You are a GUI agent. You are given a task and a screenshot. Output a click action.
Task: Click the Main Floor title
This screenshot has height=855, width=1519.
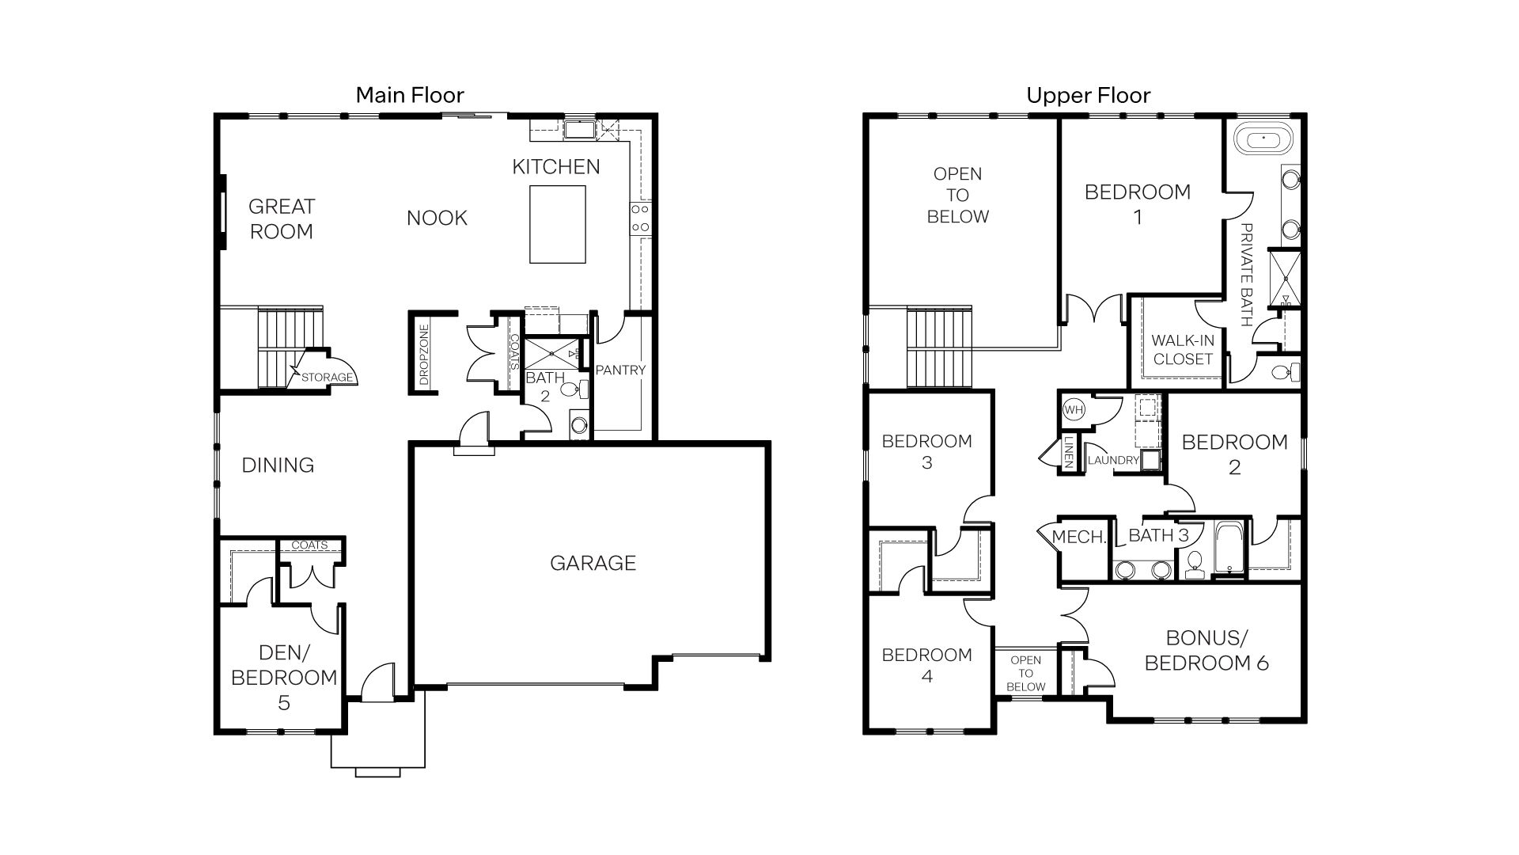(x=409, y=96)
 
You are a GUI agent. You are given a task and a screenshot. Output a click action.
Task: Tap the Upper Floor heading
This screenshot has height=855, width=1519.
(x=1088, y=96)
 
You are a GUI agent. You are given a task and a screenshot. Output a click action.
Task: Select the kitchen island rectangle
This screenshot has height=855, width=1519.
(x=557, y=224)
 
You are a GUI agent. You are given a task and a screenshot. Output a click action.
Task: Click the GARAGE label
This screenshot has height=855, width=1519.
(x=593, y=563)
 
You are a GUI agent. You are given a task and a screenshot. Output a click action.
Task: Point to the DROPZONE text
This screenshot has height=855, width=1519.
(x=424, y=354)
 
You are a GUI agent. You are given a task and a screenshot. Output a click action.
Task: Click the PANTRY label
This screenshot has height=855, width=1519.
(x=620, y=370)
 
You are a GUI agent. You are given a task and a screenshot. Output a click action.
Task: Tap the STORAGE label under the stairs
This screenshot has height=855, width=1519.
(x=327, y=378)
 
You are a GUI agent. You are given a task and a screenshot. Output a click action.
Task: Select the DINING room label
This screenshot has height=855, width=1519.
(x=278, y=465)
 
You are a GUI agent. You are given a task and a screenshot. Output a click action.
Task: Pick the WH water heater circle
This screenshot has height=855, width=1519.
(x=1074, y=410)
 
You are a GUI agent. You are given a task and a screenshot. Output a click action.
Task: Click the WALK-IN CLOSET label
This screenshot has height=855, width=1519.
(x=1182, y=349)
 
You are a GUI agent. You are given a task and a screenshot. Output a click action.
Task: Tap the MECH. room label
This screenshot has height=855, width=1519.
(x=1078, y=538)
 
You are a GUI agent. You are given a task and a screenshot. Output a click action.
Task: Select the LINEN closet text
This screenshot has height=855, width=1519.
(x=1068, y=454)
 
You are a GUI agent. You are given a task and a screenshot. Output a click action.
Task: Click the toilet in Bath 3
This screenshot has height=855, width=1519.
(x=1195, y=564)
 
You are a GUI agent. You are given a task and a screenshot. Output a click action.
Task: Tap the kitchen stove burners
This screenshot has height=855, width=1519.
(x=640, y=218)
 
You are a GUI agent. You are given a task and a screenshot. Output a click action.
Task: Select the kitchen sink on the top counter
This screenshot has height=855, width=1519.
(x=579, y=130)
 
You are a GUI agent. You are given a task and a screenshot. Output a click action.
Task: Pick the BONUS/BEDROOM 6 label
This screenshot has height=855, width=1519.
(x=1206, y=650)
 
